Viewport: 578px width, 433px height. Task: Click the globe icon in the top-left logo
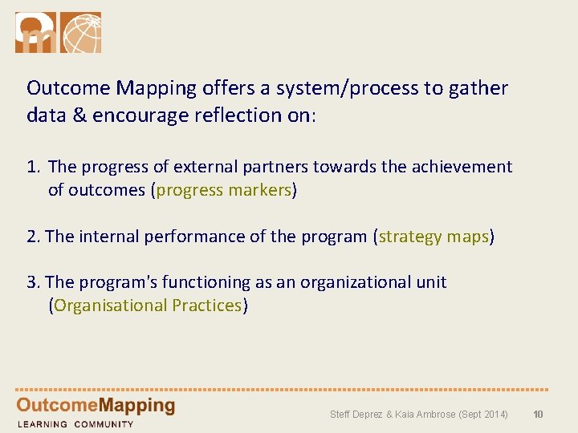point(82,33)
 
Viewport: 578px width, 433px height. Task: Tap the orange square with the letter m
point(36,33)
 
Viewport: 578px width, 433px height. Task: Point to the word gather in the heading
point(479,88)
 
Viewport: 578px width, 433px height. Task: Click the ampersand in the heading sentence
point(79,115)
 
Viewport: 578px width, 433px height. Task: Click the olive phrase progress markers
point(224,190)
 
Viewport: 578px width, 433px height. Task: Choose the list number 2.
point(33,237)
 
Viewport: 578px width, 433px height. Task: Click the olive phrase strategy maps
point(433,237)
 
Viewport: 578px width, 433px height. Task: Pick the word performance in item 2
point(201,237)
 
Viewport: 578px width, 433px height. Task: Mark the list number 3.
point(33,282)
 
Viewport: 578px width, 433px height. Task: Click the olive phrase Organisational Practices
point(149,306)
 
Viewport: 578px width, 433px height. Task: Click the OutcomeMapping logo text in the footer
point(96,406)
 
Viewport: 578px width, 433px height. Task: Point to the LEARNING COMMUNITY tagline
point(75,424)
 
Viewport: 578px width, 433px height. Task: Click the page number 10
point(539,415)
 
